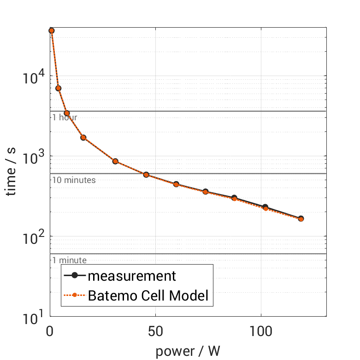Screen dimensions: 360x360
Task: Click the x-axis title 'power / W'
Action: click(188, 351)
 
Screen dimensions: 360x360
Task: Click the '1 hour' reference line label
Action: click(65, 118)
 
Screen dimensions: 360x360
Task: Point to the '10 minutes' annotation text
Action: click(74, 180)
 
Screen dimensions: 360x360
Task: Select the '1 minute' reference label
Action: click(69, 260)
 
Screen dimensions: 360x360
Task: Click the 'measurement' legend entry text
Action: click(132, 276)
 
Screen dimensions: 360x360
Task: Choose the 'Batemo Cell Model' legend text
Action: click(148, 295)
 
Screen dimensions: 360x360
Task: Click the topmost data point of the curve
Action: click(52, 30)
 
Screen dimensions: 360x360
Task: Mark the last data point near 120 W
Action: click(301, 218)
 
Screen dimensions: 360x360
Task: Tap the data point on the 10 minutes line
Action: click(146, 175)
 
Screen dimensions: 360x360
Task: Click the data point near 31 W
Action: click(115, 161)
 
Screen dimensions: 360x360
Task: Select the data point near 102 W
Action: click(265, 207)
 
